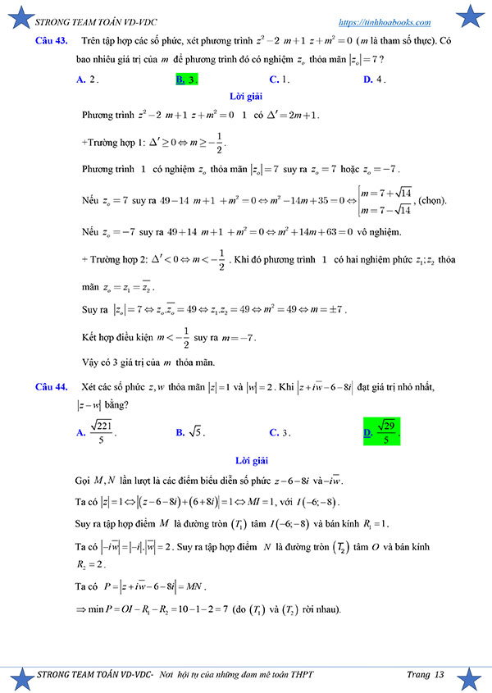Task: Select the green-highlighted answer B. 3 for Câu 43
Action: tap(186, 80)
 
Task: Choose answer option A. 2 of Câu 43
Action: tap(87, 80)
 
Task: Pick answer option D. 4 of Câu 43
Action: tap(374, 80)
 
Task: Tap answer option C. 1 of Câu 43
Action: tap(280, 80)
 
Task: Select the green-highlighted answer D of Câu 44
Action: tap(381, 430)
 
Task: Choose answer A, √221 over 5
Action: tap(93, 430)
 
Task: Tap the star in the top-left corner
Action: tap(16, 15)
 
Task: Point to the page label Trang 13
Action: tap(425, 674)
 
